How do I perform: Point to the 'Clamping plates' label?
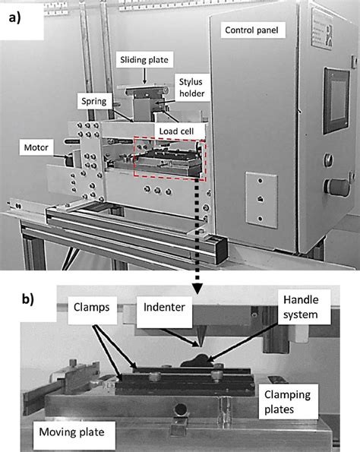click(289, 402)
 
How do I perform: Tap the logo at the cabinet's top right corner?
click(340, 18)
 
